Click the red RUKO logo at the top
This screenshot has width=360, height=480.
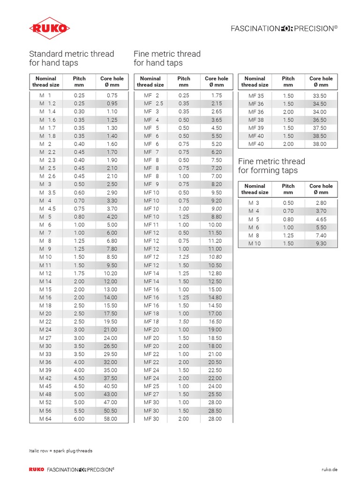click(50, 29)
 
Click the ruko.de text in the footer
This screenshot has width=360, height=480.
click(330, 469)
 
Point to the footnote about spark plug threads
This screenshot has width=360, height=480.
click(60, 451)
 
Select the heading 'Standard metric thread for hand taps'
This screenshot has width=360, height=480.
click(71, 58)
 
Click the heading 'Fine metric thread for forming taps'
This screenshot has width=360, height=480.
click(271, 166)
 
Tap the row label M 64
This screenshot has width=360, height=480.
click(45, 419)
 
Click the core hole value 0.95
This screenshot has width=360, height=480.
click(112, 104)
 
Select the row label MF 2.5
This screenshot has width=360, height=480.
click(153, 104)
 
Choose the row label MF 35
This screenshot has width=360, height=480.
click(256, 96)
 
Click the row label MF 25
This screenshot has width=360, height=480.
click(151, 386)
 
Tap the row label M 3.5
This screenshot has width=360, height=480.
click(47, 193)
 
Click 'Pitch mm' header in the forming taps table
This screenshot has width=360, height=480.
click(288, 189)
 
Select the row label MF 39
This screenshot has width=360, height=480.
click(256, 128)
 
